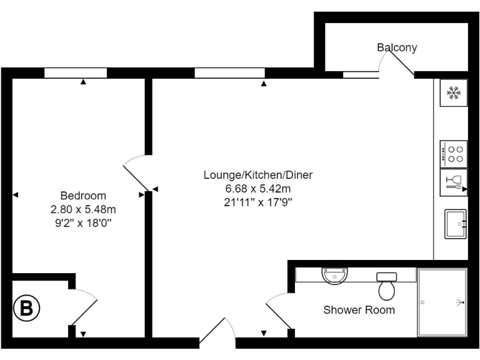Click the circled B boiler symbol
(26, 308)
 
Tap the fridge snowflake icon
(453, 94)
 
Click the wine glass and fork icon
(453, 182)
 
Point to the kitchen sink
(455, 224)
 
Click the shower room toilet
(387, 286)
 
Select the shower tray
(442, 302)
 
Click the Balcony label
(396, 47)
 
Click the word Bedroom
(83, 196)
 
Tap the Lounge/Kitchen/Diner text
(257, 175)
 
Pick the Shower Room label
(359, 310)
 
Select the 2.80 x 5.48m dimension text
(83, 209)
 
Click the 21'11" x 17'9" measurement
(257, 202)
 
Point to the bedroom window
(76, 73)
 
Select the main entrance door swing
(217, 332)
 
